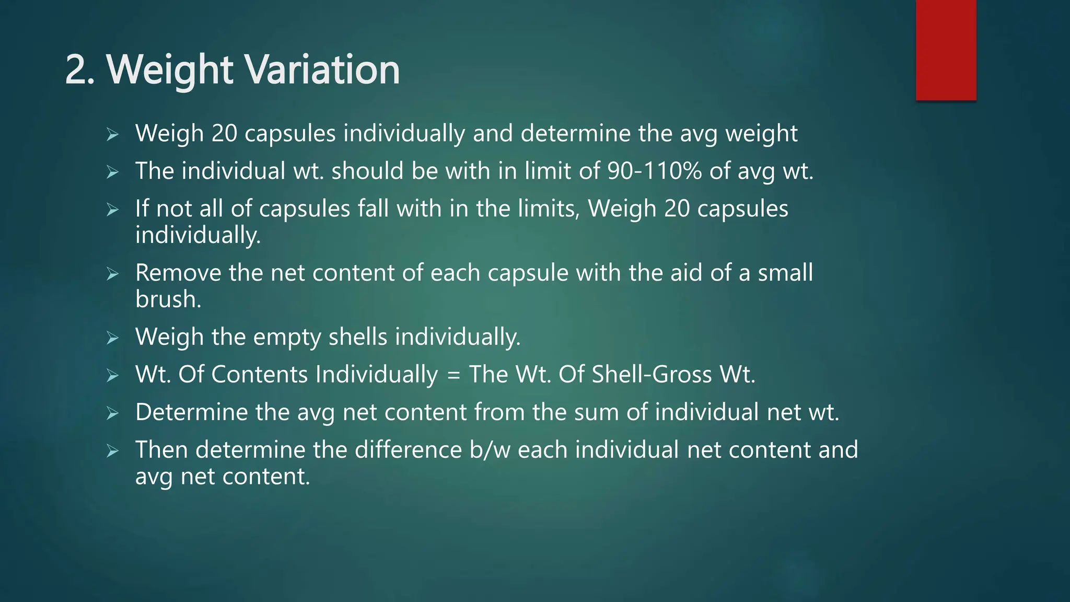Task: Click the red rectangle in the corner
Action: pyautogui.click(x=946, y=50)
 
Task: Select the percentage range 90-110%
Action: pyautogui.click(x=655, y=171)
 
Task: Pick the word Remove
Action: pyautogui.click(x=178, y=273)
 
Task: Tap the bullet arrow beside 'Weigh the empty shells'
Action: pyautogui.click(x=112, y=338)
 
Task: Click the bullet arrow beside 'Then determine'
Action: pyautogui.click(x=112, y=451)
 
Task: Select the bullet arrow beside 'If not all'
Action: pyautogui.click(x=112, y=210)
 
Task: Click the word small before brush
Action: pyautogui.click(x=785, y=273)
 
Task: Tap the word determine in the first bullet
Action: pyautogui.click(x=575, y=133)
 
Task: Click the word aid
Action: pyautogui.click(x=686, y=273)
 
